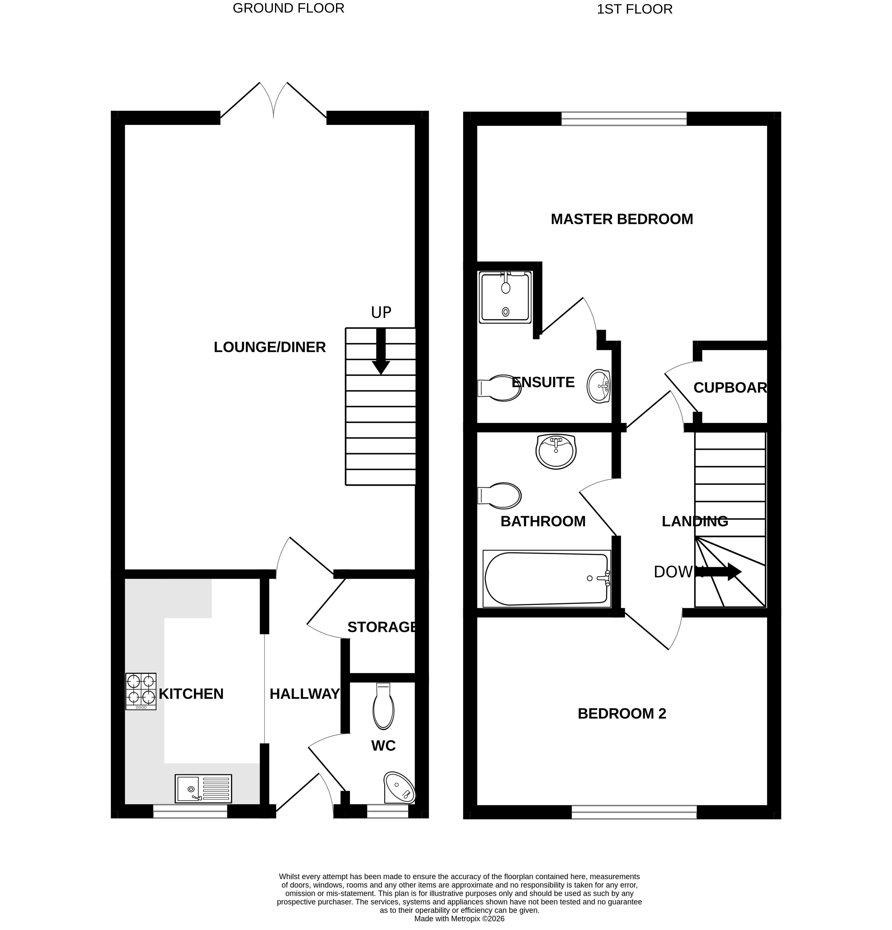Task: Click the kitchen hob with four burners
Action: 140,691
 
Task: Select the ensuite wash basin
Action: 599,386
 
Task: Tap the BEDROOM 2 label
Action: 622,714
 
